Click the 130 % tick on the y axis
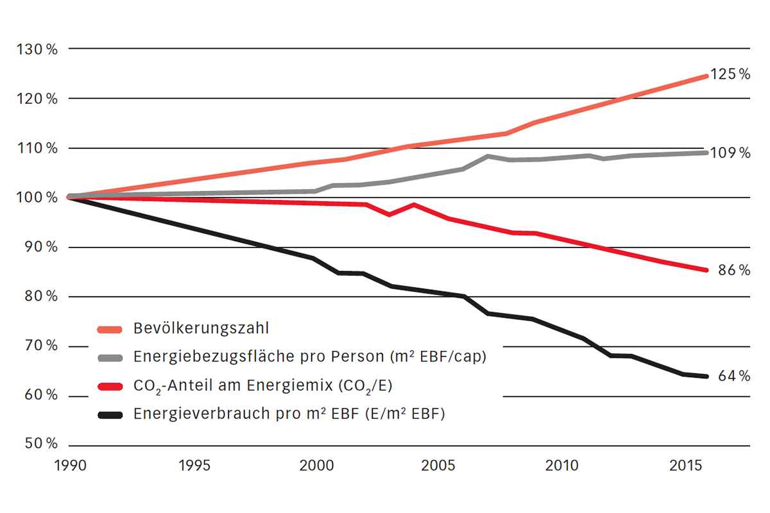(x=40, y=49)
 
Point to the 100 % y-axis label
(x=40, y=198)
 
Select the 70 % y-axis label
(x=42, y=346)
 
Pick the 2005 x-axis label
(x=438, y=464)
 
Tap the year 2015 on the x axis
(x=685, y=464)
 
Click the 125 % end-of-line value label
(x=730, y=74)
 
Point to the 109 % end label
(x=730, y=153)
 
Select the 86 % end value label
(x=733, y=271)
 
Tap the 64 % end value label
(x=733, y=376)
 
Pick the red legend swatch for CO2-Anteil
(x=109, y=386)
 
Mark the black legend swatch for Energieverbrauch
(x=109, y=415)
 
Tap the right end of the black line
(x=706, y=376)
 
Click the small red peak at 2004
(x=414, y=205)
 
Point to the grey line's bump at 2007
(x=488, y=156)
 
